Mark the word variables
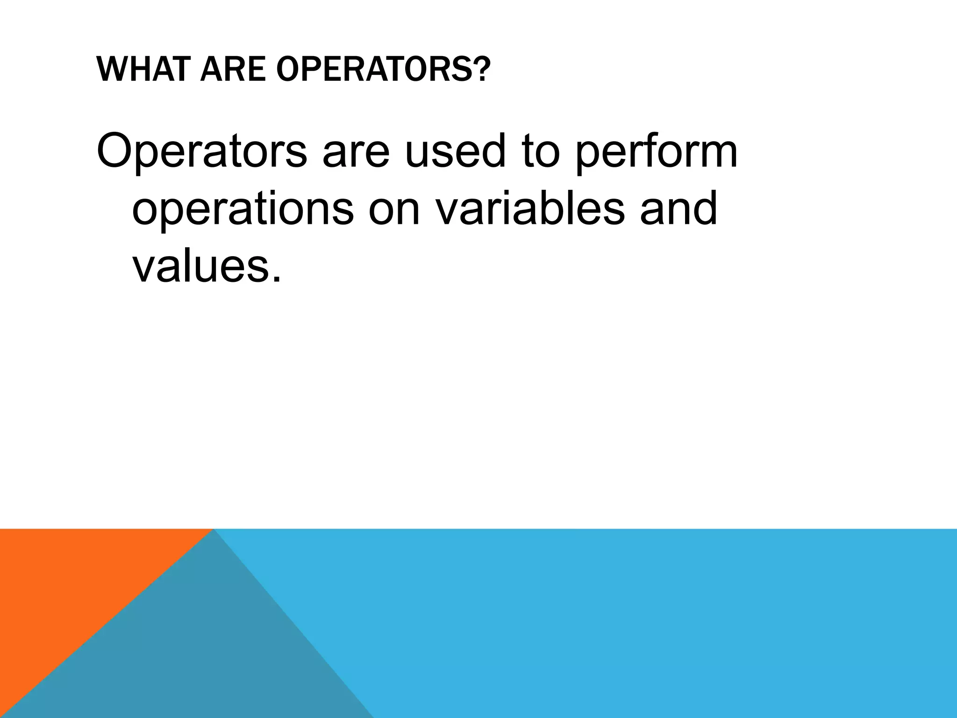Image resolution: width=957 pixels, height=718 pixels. (x=530, y=208)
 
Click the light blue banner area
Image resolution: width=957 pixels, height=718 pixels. (x=654, y=622)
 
